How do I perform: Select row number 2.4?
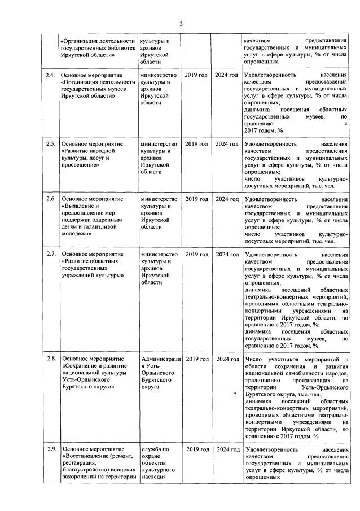50,75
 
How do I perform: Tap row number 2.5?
50,144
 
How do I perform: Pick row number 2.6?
50,199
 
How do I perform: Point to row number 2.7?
50,255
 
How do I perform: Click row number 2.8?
50,359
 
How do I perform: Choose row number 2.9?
50,449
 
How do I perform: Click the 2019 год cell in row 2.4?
196,75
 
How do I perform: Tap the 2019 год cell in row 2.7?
196,255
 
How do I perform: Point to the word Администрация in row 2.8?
161,359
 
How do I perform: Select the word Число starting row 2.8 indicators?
255,359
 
